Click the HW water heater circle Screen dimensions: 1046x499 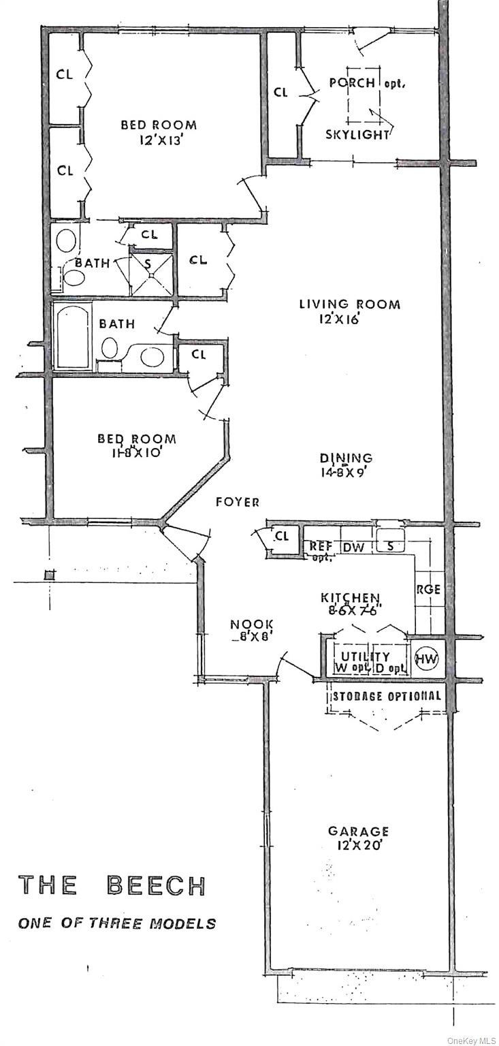(427, 659)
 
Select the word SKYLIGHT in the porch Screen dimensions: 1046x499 (357, 134)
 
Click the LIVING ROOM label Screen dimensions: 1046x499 (350, 311)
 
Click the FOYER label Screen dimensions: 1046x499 (238, 503)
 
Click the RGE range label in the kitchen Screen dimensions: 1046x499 (428, 590)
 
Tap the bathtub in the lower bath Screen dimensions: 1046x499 (74, 336)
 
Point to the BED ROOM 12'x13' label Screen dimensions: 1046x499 (159, 131)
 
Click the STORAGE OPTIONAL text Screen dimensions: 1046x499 (386, 697)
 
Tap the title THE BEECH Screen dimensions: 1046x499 (112, 885)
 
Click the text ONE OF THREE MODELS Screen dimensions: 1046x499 (116, 923)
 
